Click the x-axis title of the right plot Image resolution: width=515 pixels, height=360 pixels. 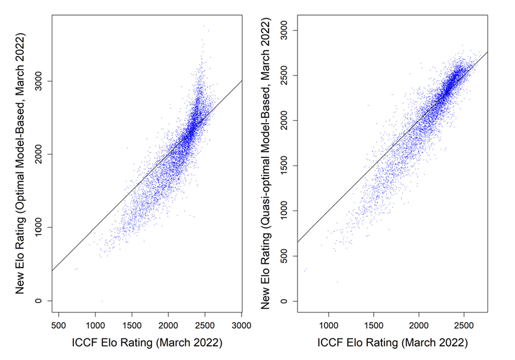pos(392,343)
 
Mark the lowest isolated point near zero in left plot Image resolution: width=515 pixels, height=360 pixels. pos(102,301)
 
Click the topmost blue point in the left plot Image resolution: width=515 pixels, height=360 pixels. pos(204,26)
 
